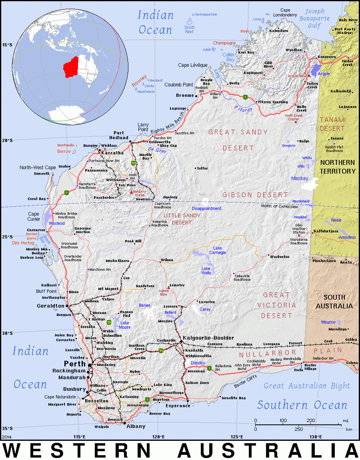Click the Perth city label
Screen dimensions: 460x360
click(75, 364)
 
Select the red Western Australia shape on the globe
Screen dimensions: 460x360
click(71, 67)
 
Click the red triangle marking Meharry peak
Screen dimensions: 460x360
click(131, 192)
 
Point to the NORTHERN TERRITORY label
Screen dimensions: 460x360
click(337, 167)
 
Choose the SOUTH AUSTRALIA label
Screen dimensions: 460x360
click(334, 301)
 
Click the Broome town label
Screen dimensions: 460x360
click(185, 95)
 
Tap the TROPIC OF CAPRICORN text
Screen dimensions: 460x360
click(279, 206)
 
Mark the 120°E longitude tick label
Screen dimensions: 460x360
click(158, 436)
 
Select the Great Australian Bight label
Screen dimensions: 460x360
click(306, 386)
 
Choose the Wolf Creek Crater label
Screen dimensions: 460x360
click(294, 117)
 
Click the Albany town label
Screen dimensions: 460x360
click(136, 426)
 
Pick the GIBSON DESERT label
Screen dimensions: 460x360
click(255, 195)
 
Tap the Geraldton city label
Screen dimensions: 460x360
click(51, 306)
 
